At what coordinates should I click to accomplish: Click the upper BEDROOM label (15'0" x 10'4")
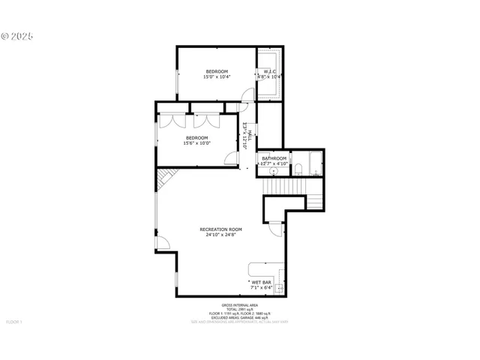217,71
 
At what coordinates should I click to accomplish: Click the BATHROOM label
274,158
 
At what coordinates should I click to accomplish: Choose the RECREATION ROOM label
220,229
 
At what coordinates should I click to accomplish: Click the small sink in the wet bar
278,287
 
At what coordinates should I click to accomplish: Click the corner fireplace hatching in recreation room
166,180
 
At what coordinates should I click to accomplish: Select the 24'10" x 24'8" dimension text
220,235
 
